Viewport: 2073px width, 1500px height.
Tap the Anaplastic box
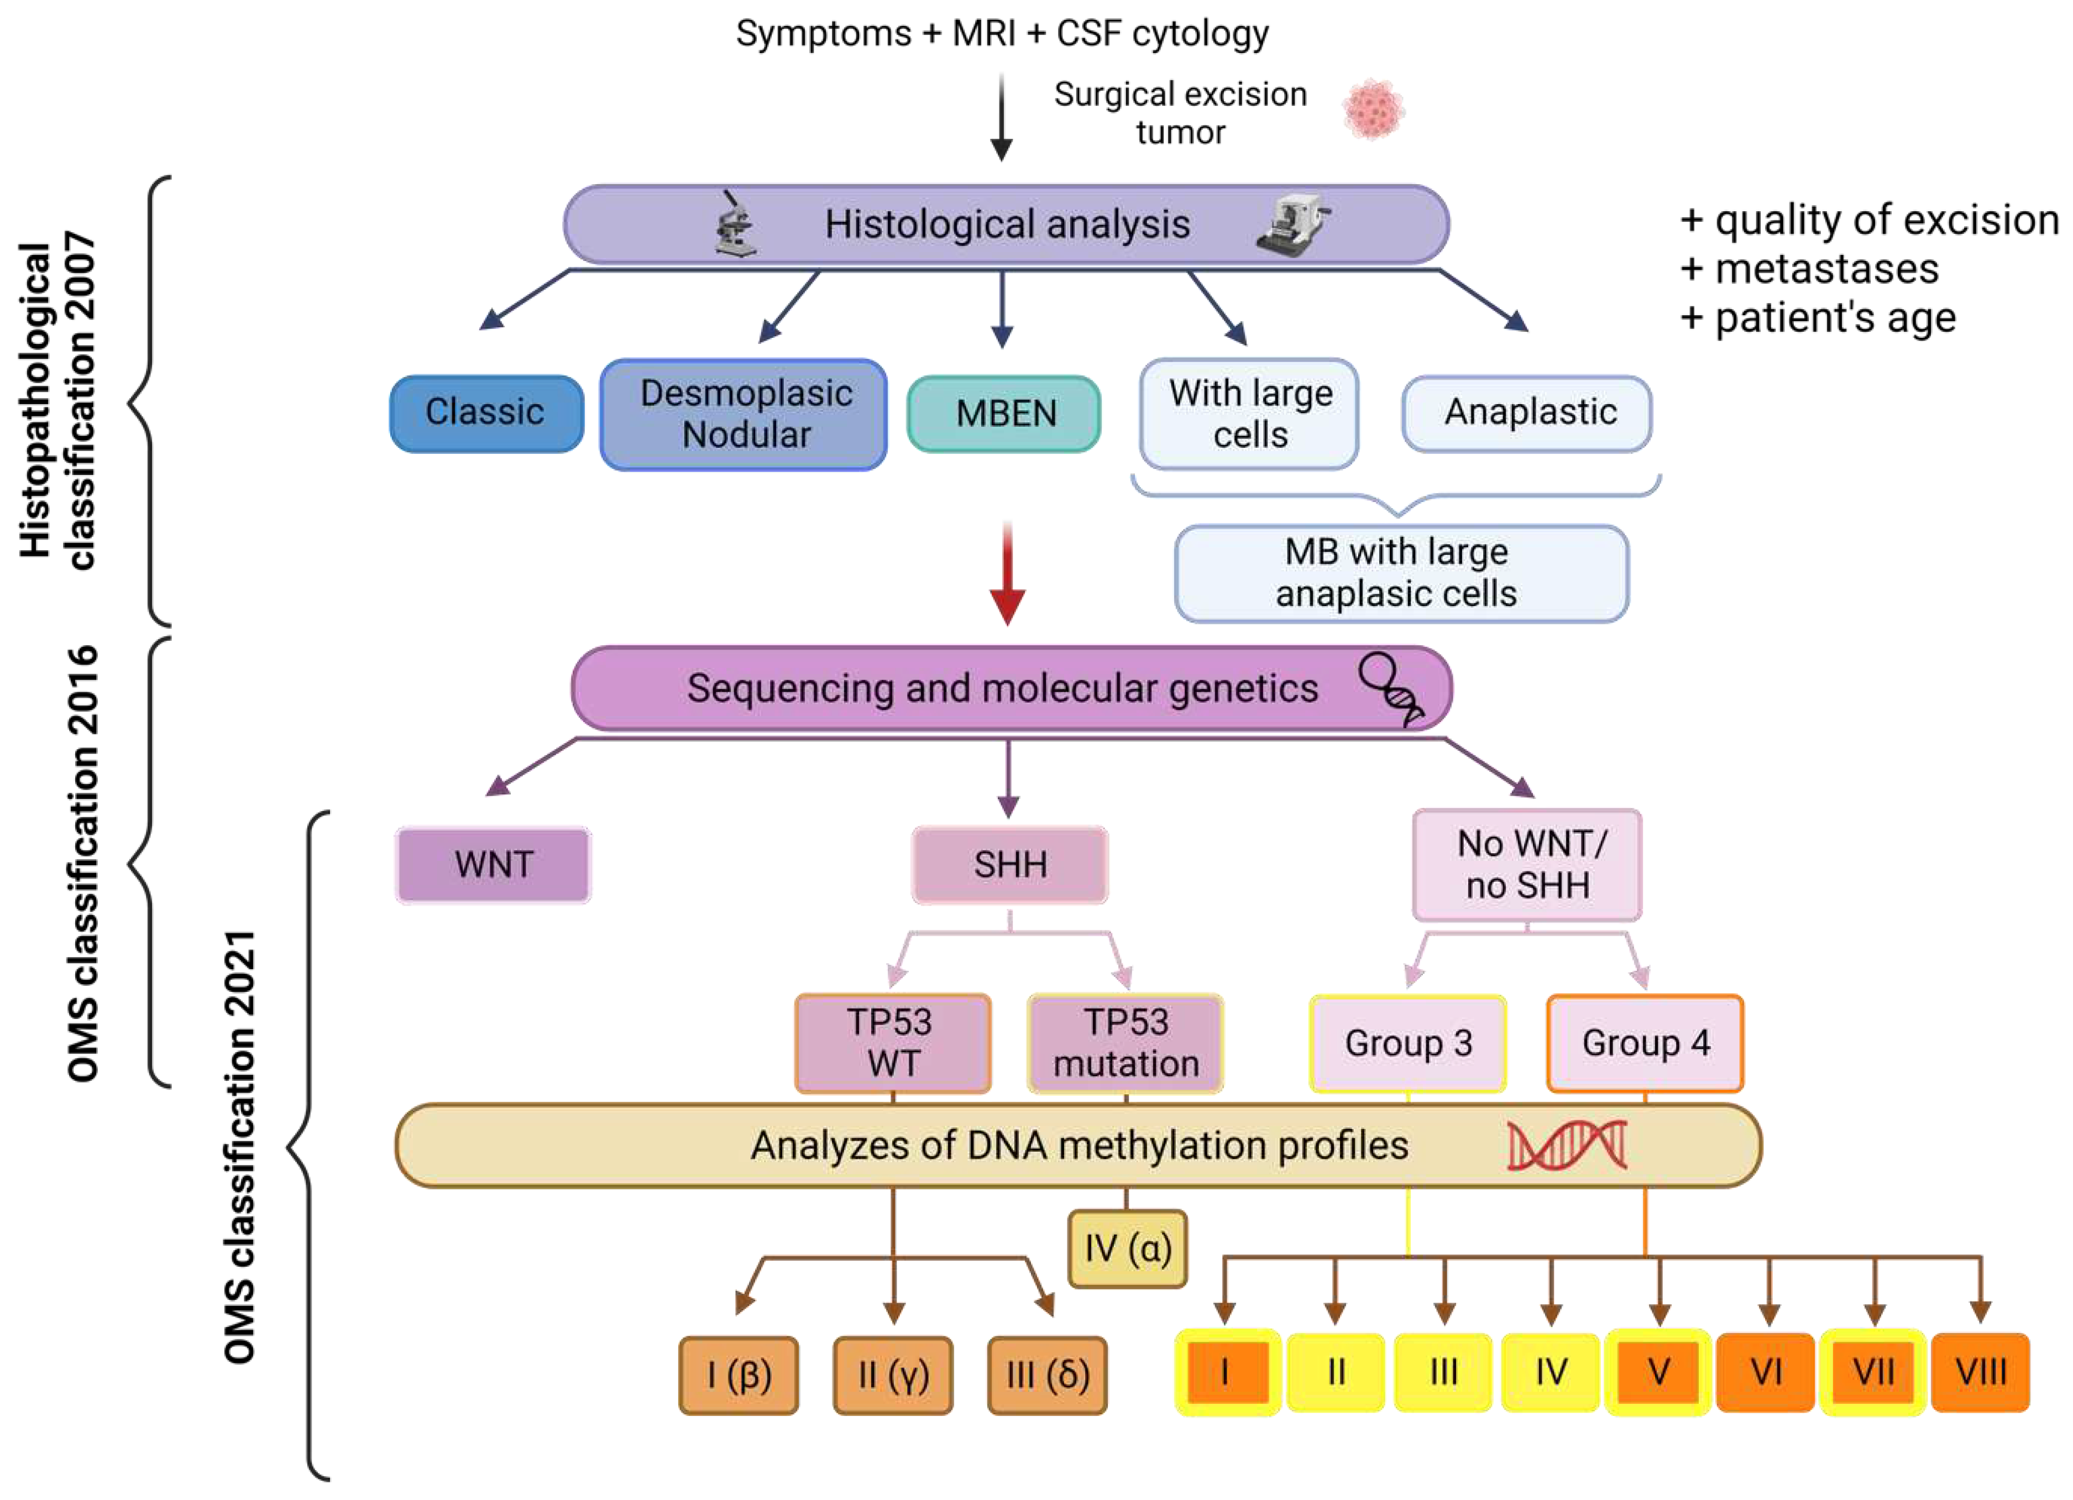[1527, 413]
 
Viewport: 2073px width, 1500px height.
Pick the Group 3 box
[1407, 1043]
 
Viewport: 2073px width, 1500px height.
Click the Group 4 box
[1645, 1043]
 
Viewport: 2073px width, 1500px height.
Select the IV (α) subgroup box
[1127, 1248]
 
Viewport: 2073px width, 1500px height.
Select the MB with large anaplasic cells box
[1400, 573]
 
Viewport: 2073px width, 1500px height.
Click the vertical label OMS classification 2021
[239, 1147]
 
